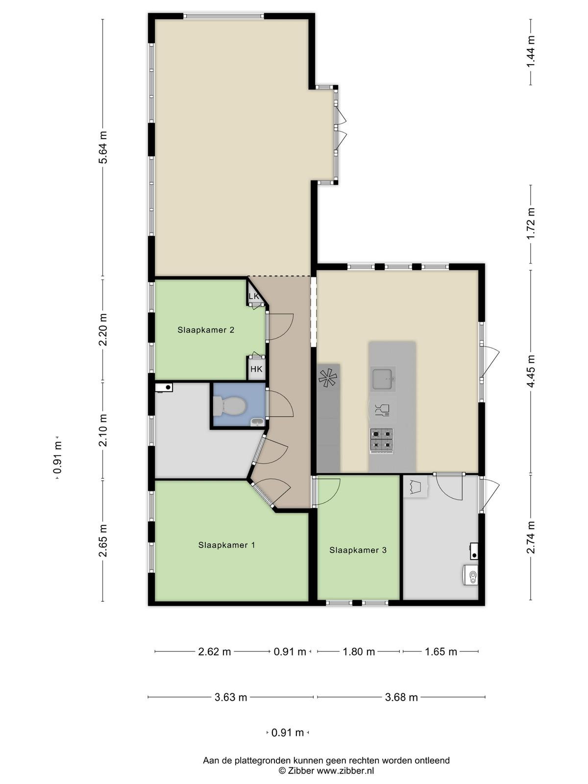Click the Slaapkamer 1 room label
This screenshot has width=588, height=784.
click(x=227, y=545)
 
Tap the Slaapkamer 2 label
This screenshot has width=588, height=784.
click(x=206, y=330)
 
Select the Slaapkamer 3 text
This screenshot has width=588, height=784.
click(x=358, y=550)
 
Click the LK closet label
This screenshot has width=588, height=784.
click(x=253, y=296)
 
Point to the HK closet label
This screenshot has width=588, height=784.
click(x=256, y=369)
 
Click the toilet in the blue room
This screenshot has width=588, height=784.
click(x=229, y=407)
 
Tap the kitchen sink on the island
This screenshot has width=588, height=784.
click(x=383, y=379)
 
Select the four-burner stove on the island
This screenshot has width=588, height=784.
click(x=382, y=441)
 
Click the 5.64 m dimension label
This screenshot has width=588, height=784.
click(x=103, y=147)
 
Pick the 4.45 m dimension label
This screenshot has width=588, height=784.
click(x=531, y=371)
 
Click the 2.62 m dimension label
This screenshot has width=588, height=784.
click(x=215, y=652)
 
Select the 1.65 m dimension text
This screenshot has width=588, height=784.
click(x=441, y=652)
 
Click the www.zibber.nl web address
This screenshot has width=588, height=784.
click(x=345, y=771)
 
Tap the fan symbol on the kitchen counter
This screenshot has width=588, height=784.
click(x=328, y=378)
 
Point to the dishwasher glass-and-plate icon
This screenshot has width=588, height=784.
click(x=382, y=410)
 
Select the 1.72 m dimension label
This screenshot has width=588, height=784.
click(x=531, y=224)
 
